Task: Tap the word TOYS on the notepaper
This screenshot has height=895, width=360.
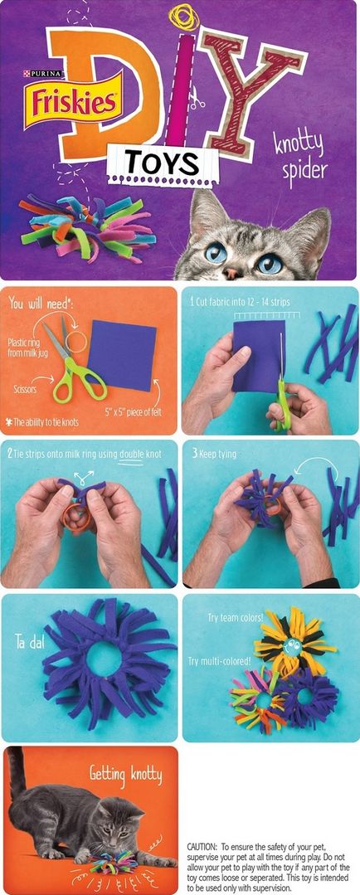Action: [163, 163]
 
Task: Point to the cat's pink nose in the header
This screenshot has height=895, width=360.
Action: [231, 273]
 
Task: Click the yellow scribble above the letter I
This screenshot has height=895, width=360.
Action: [184, 17]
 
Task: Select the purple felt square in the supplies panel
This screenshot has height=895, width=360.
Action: [122, 354]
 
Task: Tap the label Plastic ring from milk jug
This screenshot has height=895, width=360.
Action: [23, 348]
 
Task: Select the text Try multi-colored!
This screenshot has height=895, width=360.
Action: [219, 661]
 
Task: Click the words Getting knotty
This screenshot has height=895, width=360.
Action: [125, 775]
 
